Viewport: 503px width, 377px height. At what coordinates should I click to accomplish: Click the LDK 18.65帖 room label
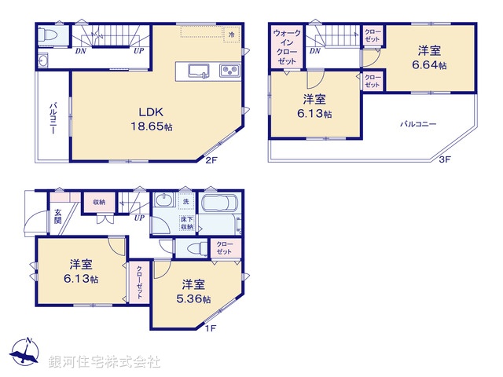pyautogui.click(x=152, y=118)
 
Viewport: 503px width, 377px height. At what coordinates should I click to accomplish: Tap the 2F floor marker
pyautogui.click(x=211, y=161)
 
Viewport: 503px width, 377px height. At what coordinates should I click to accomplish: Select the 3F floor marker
pyautogui.click(x=444, y=160)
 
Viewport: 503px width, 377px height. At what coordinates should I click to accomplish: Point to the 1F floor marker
pyautogui.click(x=210, y=328)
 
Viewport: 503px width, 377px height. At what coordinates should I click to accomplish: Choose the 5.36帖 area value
pyautogui.click(x=196, y=299)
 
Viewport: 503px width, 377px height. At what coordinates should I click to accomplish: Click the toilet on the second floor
pyautogui.click(x=48, y=35)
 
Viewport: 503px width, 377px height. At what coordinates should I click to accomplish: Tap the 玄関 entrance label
pyautogui.click(x=58, y=216)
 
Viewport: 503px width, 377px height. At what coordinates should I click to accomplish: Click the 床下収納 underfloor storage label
pyautogui.click(x=187, y=222)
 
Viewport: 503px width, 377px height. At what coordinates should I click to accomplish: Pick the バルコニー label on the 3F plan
pyautogui.click(x=417, y=124)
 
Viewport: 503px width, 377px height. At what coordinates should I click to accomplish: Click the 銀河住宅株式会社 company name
pyautogui.click(x=105, y=362)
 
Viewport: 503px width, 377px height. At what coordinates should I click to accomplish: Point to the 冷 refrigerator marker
pyautogui.click(x=231, y=35)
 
